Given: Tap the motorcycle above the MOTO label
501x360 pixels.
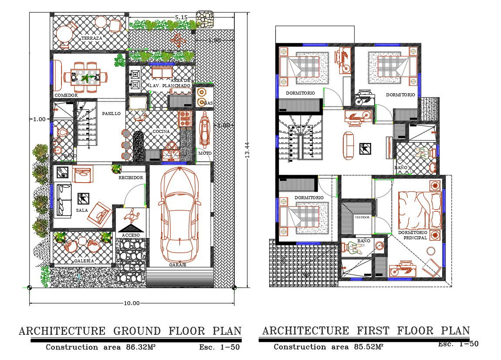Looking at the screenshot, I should (204, 129).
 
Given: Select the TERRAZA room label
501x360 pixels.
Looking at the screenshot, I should (91, 38).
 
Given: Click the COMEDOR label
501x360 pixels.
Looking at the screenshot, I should (66, 95).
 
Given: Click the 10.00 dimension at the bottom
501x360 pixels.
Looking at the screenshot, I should (132, 303).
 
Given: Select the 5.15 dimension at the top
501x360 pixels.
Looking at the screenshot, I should (181, 17).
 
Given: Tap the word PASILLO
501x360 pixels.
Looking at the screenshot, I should (112, 113).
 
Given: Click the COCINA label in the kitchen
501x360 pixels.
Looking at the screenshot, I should (161, 131).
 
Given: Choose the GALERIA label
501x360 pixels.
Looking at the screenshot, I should (84, 260).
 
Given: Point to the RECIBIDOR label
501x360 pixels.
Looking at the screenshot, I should (131, 178).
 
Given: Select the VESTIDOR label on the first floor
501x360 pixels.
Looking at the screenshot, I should (362, 217).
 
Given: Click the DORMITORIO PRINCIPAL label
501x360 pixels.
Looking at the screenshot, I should (413, 235).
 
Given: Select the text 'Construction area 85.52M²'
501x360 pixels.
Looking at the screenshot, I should (328, 347).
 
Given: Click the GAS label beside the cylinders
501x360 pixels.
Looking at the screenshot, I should (208, 103).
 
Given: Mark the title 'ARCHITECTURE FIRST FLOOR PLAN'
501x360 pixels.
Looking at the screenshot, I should (366, 330).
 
